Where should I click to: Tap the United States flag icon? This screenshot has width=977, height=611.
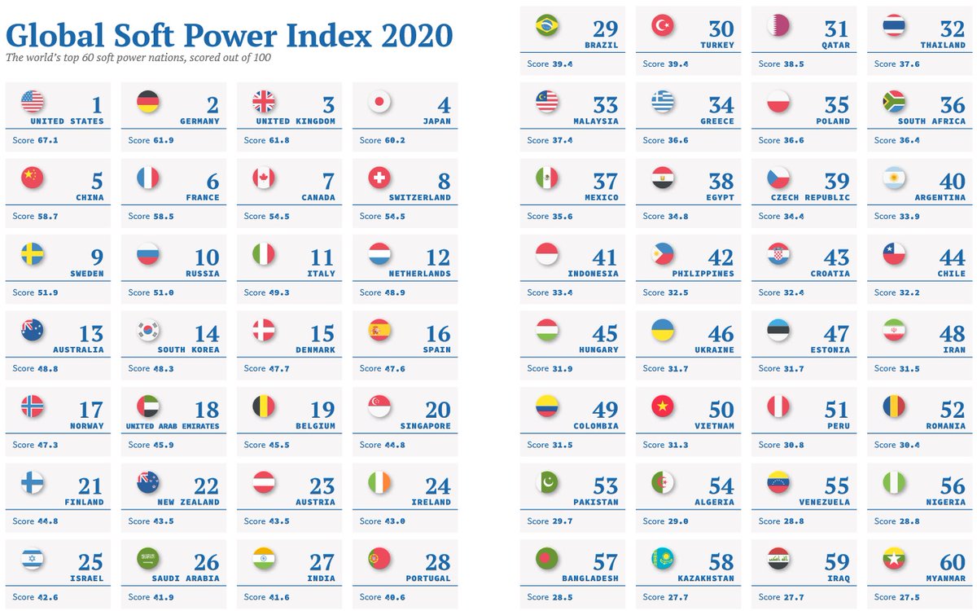point(33,102)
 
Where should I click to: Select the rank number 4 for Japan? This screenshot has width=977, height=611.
point(444,105)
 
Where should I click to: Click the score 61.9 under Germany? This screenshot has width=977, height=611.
point(163,140)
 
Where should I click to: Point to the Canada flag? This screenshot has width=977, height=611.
point(264,178)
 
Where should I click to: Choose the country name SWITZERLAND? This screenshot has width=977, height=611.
point(420,197)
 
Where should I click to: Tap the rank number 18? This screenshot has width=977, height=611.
point(207,410)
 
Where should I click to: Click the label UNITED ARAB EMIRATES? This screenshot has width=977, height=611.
point(173,426)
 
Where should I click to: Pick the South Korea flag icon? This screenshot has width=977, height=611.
point(148,330)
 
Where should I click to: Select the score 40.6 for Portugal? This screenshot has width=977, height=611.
point(394,597)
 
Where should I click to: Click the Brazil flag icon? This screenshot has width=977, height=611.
point(547,26)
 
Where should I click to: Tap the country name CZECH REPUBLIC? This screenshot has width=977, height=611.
point(809,197)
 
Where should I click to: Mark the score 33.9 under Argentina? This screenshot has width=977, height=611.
point(909,216)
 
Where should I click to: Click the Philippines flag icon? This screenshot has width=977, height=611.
point(663,254)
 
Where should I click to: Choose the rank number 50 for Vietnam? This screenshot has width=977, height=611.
point(721,410)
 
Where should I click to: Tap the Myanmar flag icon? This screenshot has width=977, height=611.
point(894,558)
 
